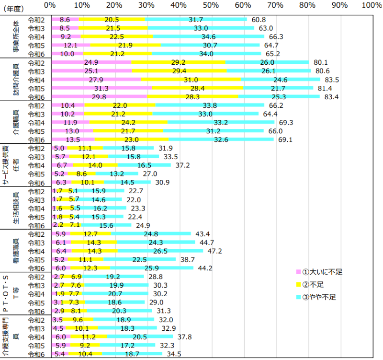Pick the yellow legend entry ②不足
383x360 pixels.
click(x=316, y=285)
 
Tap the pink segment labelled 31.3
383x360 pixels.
click(x=101, y=88)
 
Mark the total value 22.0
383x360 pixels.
click(x=134, y=200)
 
